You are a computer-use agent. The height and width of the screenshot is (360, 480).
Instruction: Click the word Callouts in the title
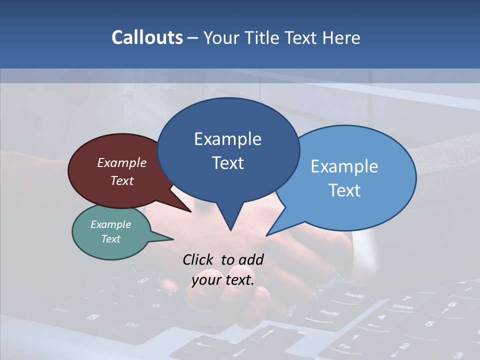(x=147, y=37)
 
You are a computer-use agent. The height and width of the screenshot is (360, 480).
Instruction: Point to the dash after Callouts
(x=192, y=38)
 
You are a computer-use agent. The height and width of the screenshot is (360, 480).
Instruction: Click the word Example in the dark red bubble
(x=121, y=162)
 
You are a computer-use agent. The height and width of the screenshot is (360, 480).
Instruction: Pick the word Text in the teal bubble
(x=110, y=239)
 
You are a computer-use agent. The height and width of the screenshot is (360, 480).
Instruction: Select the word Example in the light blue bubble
(x=344, y=166)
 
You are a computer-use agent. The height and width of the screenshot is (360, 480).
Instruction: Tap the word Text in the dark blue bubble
(x=228, y=163)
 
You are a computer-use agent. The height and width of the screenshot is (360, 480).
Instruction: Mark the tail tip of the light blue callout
(x=267, y=235)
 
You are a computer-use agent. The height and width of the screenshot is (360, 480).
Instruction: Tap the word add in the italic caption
(x=251, y=259)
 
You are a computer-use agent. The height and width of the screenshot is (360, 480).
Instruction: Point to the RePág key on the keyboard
(x=353, y=295)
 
